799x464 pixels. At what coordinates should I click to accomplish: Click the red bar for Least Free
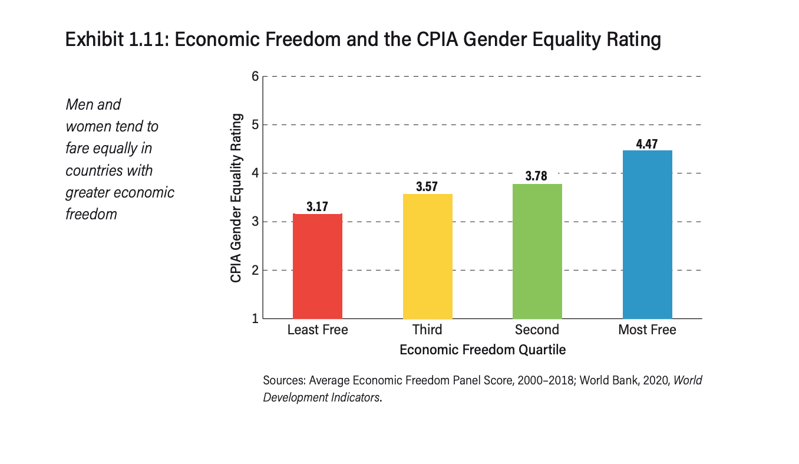318,266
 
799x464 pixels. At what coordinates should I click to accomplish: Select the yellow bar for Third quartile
427,256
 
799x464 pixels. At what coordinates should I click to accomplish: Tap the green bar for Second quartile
537,251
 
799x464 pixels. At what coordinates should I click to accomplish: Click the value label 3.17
318,207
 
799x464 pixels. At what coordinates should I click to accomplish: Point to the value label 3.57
427,187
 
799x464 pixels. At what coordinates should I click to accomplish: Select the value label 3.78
537,177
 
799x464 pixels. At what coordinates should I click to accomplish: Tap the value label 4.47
647,143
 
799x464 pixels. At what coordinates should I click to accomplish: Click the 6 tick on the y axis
255,76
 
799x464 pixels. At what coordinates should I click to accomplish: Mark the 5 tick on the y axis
255,125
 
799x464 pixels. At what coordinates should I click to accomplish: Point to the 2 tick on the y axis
255,271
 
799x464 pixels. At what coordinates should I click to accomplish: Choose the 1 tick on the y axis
255,319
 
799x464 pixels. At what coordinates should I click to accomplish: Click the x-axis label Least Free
318,330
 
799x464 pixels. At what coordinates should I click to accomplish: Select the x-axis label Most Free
647,330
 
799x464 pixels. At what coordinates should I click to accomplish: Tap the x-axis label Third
427,330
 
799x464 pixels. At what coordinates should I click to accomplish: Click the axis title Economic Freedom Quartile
483,350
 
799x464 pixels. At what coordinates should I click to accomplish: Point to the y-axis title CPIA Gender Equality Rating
236,198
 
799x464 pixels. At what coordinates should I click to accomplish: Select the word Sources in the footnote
283,380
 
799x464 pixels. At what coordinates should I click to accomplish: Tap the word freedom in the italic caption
91,214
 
